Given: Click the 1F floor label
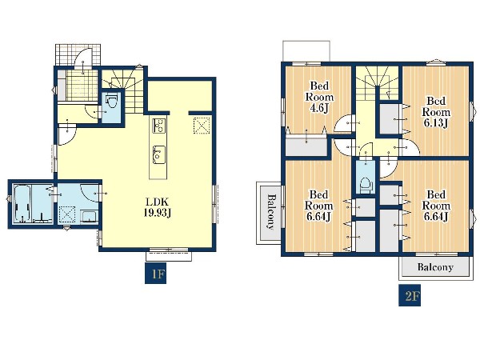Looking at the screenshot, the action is coord(155,273).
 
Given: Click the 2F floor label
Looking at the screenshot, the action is coord(410,296).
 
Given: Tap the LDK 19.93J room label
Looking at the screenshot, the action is coord(158,207).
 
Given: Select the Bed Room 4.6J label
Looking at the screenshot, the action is coord(319,97).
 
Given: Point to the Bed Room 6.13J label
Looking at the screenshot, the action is coord(436,112).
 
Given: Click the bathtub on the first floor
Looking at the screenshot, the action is coord(22,203).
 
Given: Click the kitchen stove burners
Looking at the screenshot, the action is coord(158,126).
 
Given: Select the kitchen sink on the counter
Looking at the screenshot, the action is coord(158,154).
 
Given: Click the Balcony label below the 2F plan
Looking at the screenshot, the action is coord(435,267).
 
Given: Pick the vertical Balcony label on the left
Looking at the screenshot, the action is coord(270,212).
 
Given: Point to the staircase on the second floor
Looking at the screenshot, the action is coord(378,83).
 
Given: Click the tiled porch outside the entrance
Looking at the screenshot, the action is coord(78,54).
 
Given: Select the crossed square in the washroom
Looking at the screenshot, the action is coord(67,214).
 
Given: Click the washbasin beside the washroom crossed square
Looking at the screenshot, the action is coord(90,217).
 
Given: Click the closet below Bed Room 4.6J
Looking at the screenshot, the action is coord(307,147).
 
